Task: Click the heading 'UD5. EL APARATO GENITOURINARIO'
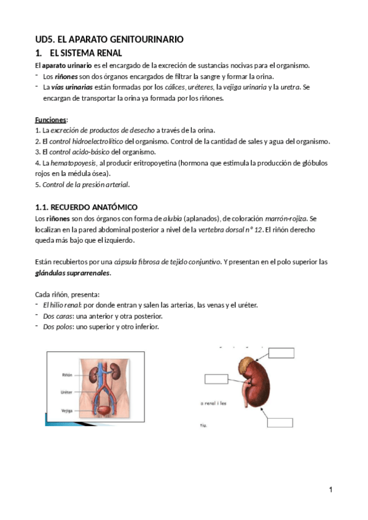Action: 109,39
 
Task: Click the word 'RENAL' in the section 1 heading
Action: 108,53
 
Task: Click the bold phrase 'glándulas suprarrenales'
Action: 76,273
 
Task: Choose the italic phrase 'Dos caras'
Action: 57,316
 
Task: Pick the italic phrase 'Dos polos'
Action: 57,327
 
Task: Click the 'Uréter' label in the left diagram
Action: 67,392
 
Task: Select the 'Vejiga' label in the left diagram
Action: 67,411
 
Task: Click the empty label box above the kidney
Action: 281,352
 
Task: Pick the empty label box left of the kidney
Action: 216,378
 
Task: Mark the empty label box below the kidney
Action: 281,422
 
